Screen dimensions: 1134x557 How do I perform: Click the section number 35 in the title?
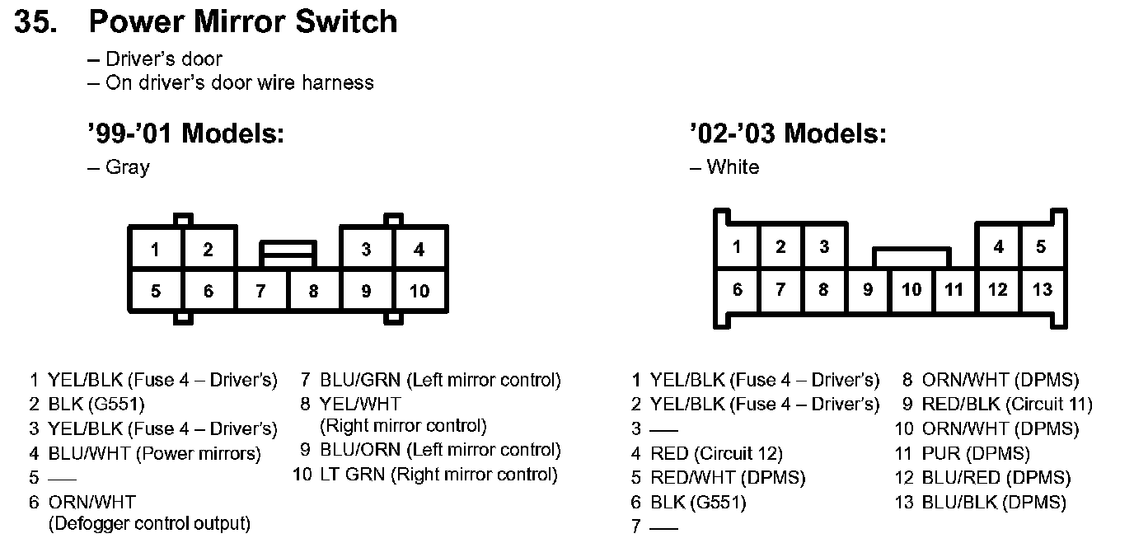35,22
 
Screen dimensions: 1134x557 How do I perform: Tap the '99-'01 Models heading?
185,133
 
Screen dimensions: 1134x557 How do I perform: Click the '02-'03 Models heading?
787,133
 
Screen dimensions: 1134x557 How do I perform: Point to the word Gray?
128,167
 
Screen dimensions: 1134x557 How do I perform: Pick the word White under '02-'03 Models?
733,167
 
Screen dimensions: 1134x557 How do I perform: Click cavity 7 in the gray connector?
261,291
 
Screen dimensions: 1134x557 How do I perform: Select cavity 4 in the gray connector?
419,249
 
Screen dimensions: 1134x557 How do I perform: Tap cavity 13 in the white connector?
1043,289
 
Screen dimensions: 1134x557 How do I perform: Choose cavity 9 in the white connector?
868,289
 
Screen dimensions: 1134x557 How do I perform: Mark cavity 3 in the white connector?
824,246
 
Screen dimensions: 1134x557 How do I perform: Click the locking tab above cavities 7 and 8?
288,253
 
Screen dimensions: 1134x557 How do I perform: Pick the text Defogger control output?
149,523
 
